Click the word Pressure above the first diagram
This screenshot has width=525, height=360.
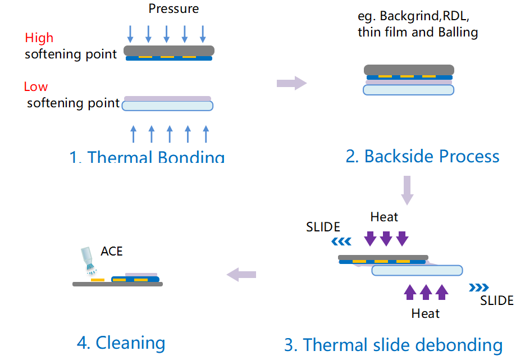174,8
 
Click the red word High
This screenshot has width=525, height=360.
39,38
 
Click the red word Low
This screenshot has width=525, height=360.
35,86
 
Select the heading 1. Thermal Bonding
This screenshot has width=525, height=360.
147,157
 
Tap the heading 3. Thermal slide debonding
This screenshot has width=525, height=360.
393,344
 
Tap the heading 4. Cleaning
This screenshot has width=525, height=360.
121,342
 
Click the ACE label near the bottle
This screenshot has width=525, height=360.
112,251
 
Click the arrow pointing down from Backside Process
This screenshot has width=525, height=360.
408,190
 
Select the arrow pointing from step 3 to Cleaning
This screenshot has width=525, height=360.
241,274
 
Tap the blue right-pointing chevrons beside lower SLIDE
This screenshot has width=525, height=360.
478,288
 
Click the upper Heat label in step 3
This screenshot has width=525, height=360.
384,217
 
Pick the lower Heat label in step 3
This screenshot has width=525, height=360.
425,313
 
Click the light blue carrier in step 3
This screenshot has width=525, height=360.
417,270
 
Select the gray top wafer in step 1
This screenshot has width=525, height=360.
168,51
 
